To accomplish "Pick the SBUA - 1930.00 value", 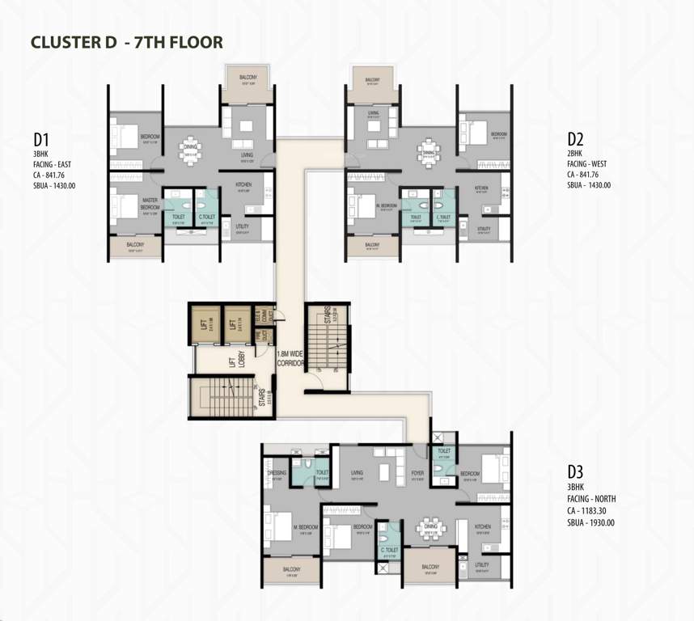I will (591, 522).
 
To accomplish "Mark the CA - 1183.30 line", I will (590, 511).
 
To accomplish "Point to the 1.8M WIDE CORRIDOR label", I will (290, 358).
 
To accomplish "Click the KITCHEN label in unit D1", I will (243, 185).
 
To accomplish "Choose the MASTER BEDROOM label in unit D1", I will (150, 204).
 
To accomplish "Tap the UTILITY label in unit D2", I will (484, 229).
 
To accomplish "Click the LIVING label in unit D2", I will (373, 113).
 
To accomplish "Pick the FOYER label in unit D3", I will (417, 474).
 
